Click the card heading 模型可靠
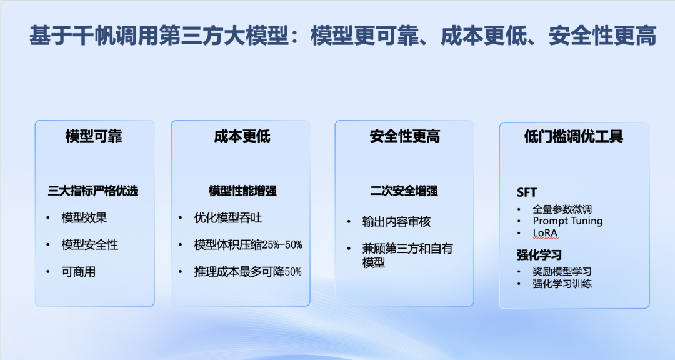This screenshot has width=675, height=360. (94, 136)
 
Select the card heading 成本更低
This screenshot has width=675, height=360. (242, 136)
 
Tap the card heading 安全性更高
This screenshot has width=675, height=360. (404, 136)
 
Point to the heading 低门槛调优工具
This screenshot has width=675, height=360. (573, 136)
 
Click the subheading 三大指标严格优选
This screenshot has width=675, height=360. (93, 191)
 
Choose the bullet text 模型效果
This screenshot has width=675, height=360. (84, 218)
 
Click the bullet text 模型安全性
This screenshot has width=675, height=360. (90, 245)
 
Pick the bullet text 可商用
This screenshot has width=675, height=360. (79, 272)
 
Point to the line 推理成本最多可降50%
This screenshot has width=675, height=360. (248, 272)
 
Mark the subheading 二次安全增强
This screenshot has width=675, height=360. (404, 191)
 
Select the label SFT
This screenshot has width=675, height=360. (527, 192)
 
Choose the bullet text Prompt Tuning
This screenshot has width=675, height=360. (567, 221)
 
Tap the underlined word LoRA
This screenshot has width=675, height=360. (545, 232)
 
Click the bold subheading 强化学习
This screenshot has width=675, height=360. (539, 255)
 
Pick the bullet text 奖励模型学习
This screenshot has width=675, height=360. (562, 272)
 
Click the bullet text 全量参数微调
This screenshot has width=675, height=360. (562, 209)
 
